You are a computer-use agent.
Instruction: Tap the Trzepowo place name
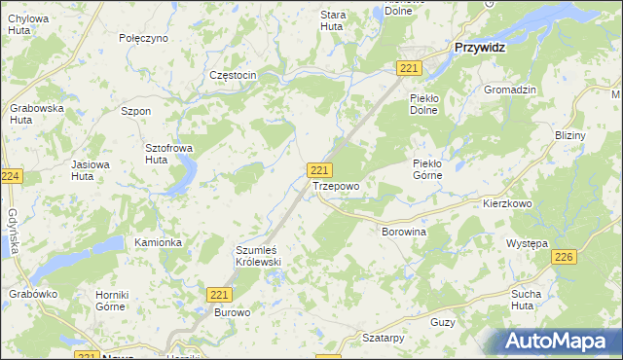coord(336,185)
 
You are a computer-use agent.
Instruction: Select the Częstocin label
coord(233,76)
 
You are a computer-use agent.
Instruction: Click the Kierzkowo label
coord(507,204)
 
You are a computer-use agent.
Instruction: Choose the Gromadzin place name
coord(510,90)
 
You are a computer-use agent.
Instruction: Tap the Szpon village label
coord(135,111)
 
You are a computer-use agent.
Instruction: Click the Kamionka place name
coord(159,242)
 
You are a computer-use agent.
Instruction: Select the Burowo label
coord(234,313)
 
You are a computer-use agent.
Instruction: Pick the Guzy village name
coord(443,321)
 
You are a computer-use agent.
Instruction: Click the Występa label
coord(528,242)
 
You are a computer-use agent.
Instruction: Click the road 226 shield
coord(563,257)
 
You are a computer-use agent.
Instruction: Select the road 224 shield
coord(12,176)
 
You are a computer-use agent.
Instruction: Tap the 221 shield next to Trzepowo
coord(317,169)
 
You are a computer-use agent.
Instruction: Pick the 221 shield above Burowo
coord(219,294)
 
